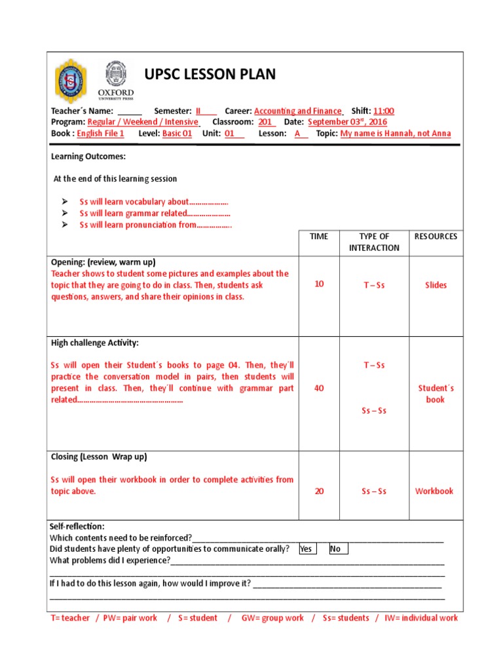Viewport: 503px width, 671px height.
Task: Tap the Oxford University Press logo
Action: coord(116,81)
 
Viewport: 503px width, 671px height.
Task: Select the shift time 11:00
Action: coord(384,111)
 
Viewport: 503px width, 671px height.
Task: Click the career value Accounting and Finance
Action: coord(298,111)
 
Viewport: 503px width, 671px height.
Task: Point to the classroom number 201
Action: coord(266,122)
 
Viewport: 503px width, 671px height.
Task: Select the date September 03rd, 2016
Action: coord(347,122)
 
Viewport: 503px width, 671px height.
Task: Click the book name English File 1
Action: coord(100,133)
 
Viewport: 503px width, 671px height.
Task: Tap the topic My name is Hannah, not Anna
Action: coord(396,133)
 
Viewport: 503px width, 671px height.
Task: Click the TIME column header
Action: coord(319,237)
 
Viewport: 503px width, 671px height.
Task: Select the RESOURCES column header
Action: coord(436,237)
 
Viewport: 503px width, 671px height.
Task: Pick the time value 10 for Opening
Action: coord(319,284)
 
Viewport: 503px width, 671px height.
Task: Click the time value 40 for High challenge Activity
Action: coord(319,388)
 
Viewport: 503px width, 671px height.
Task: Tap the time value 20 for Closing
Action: coord(319,491)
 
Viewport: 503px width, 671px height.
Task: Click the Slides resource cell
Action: coord(436,285)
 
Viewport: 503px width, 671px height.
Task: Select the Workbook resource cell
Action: coord(434,491)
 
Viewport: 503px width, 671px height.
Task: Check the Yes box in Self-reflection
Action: coord(306,549)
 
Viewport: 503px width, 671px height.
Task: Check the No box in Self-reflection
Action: coord(338,549)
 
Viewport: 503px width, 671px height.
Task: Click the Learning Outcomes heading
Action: coord(88,157)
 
